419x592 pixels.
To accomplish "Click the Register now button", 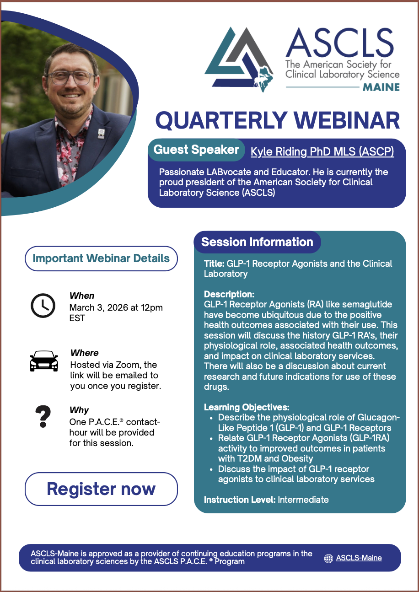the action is (101, 489).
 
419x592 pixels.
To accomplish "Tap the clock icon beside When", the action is (43, 305).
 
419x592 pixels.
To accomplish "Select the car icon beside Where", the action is (43, 361).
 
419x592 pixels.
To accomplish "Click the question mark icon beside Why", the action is (43, 416).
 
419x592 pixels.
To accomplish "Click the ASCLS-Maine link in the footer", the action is (359, 558).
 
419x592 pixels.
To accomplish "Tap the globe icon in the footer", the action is (328, 558).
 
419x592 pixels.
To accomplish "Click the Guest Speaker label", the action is (196, 150).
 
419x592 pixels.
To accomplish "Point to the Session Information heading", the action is (257, 242).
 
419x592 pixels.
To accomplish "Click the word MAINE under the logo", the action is (381, 87).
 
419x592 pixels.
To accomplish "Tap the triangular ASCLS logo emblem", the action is (239, 59).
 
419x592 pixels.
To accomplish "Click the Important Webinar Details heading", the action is (101, 258).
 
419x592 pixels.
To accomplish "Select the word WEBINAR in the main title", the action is (346, 120).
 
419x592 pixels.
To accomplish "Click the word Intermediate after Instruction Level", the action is (303, 500).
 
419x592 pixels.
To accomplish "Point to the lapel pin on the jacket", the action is (101, 134).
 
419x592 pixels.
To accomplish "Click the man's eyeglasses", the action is (70, 78).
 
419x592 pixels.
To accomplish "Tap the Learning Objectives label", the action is (247, 407).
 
